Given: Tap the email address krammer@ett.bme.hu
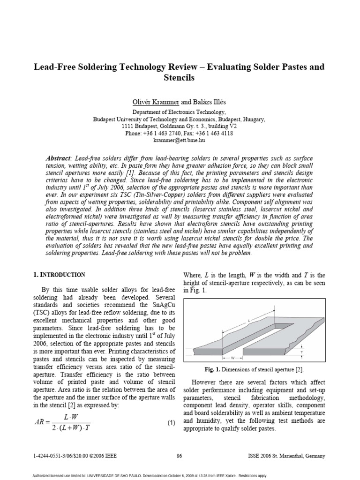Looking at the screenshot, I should coord(179,140).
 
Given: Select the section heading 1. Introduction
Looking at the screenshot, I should coord(59,275).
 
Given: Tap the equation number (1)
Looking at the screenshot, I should coord(171,423).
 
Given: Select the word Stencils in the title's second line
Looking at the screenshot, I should coord(179,78).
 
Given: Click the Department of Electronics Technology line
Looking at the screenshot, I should coord(179,112).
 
